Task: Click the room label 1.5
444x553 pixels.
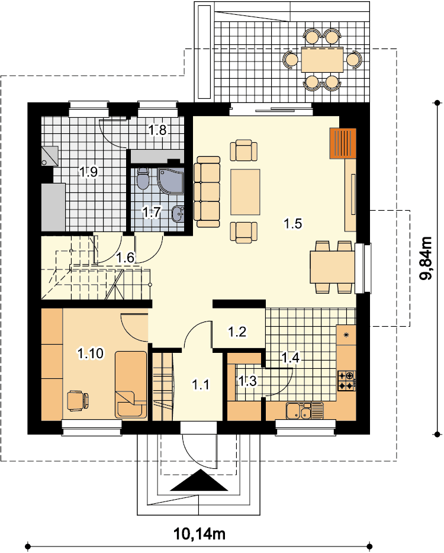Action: tap(292, 223)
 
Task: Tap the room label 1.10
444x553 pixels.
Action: tap(91, 353)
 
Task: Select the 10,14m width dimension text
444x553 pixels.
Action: tap(200, 534)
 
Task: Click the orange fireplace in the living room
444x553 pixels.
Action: tap(343, 143)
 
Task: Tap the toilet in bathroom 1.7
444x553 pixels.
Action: tap(143, 179)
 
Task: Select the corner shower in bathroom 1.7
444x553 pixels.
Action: tap(170, 181)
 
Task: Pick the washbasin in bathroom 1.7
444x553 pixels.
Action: tap(178, 213)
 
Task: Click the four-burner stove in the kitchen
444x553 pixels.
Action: tap(346, 381)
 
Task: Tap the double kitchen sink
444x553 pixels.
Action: tap(304, 411)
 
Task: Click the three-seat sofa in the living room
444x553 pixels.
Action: tap(207, 191)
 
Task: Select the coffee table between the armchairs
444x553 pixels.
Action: tap(246, 192)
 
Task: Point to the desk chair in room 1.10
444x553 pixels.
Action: tap(78, 401)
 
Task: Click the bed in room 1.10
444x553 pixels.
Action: tap(130, 385)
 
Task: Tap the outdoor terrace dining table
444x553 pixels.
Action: tap(322, 60)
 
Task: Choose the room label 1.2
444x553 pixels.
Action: tap(237, 332)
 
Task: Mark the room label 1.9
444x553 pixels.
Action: tap(89, 172)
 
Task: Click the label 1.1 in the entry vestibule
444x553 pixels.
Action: tap(201, 384)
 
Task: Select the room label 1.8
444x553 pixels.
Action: tap(157, 130)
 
